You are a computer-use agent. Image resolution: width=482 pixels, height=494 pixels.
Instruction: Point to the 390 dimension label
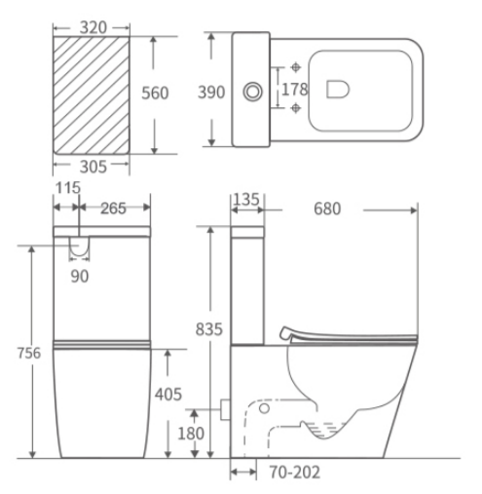[211, 93]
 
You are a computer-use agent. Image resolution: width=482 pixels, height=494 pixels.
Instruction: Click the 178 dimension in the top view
[294, 91]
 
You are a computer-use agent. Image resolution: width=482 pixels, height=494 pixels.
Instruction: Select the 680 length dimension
[332, 208]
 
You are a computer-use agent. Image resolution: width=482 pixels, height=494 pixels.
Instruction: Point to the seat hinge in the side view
[286, 333]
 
